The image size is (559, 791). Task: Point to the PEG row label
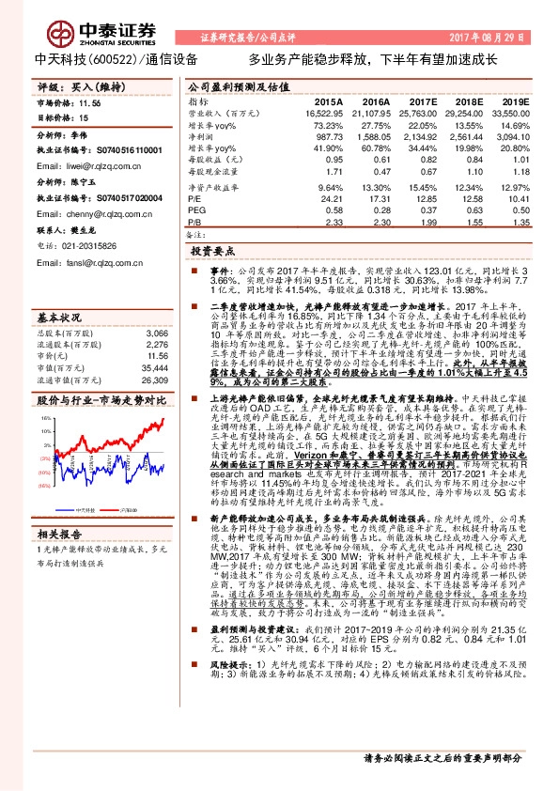[x=196, y=209]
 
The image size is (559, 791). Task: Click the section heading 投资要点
[x=212, y=252]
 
